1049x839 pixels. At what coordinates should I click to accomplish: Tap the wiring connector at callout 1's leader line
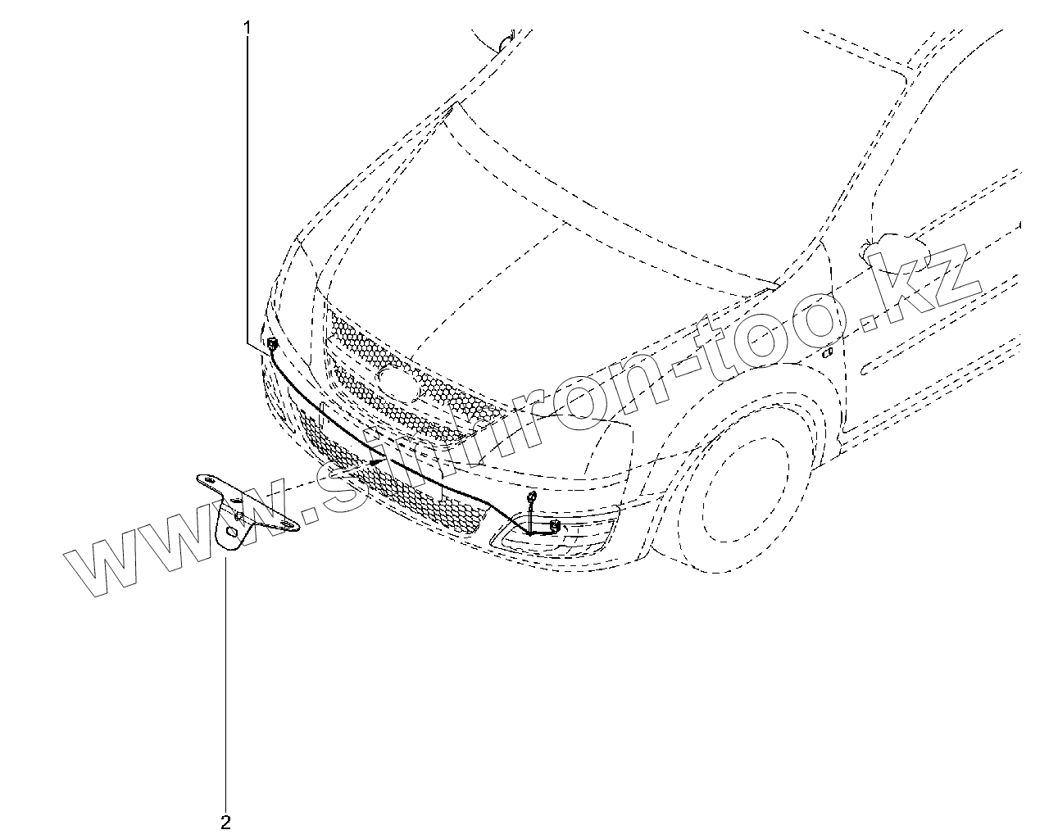(271, 342)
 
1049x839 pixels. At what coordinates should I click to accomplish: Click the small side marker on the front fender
(829, 353)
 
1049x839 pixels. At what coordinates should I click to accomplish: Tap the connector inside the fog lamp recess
(555, 526)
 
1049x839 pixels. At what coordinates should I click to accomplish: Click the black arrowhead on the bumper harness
(376, 462)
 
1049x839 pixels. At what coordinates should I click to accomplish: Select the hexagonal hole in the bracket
(231, 533)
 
